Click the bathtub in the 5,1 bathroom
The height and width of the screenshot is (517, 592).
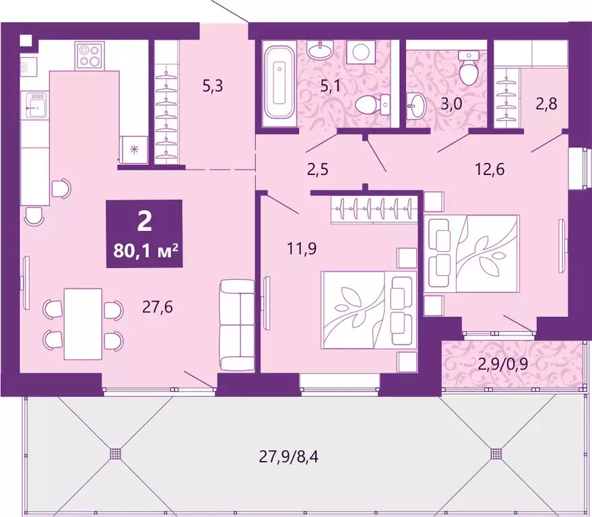coord(277,82)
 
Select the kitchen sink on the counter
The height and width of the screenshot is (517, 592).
coord(34,105)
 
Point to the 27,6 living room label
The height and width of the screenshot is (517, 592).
coord(157,308)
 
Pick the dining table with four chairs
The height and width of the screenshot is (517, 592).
coord(84,324)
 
